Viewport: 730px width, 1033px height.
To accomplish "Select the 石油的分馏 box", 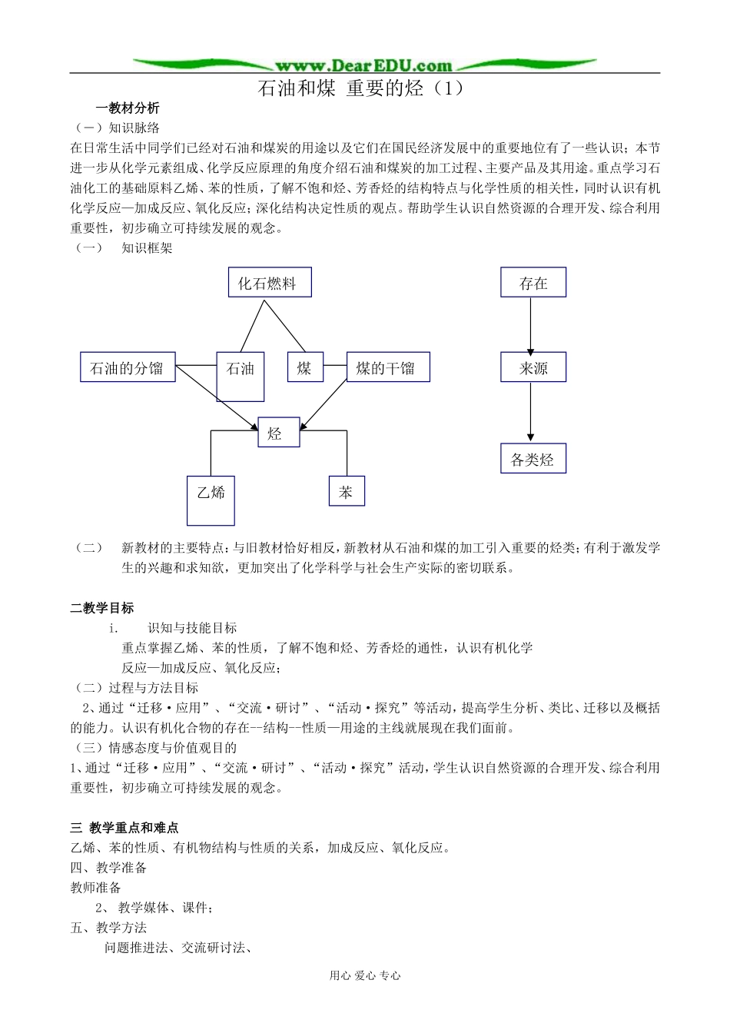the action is [128, 367].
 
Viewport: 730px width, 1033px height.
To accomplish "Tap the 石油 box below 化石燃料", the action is [241, 376].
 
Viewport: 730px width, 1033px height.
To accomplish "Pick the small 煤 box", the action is [305, 367].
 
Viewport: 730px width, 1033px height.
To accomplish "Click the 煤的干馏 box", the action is [388, 367].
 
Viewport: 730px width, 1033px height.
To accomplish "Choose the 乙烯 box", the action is [211, 500].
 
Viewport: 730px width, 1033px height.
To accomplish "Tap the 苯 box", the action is [347, 491].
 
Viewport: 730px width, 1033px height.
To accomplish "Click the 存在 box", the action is [533, 283].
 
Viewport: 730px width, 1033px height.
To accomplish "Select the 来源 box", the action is [533, 367].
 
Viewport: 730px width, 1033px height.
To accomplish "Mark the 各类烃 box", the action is [533, 459].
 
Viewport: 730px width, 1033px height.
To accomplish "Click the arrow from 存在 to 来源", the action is [530, 326].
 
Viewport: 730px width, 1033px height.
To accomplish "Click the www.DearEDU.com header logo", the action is [363, 65].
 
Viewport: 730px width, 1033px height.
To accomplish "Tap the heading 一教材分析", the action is [128, 108].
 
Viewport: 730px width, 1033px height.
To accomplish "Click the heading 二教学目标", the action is [102, 608].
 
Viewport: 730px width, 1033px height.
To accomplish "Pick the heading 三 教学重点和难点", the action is [124, 828].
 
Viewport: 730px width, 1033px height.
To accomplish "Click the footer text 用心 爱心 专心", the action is [365, 975].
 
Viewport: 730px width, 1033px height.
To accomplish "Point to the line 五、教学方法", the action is [108, 928].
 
